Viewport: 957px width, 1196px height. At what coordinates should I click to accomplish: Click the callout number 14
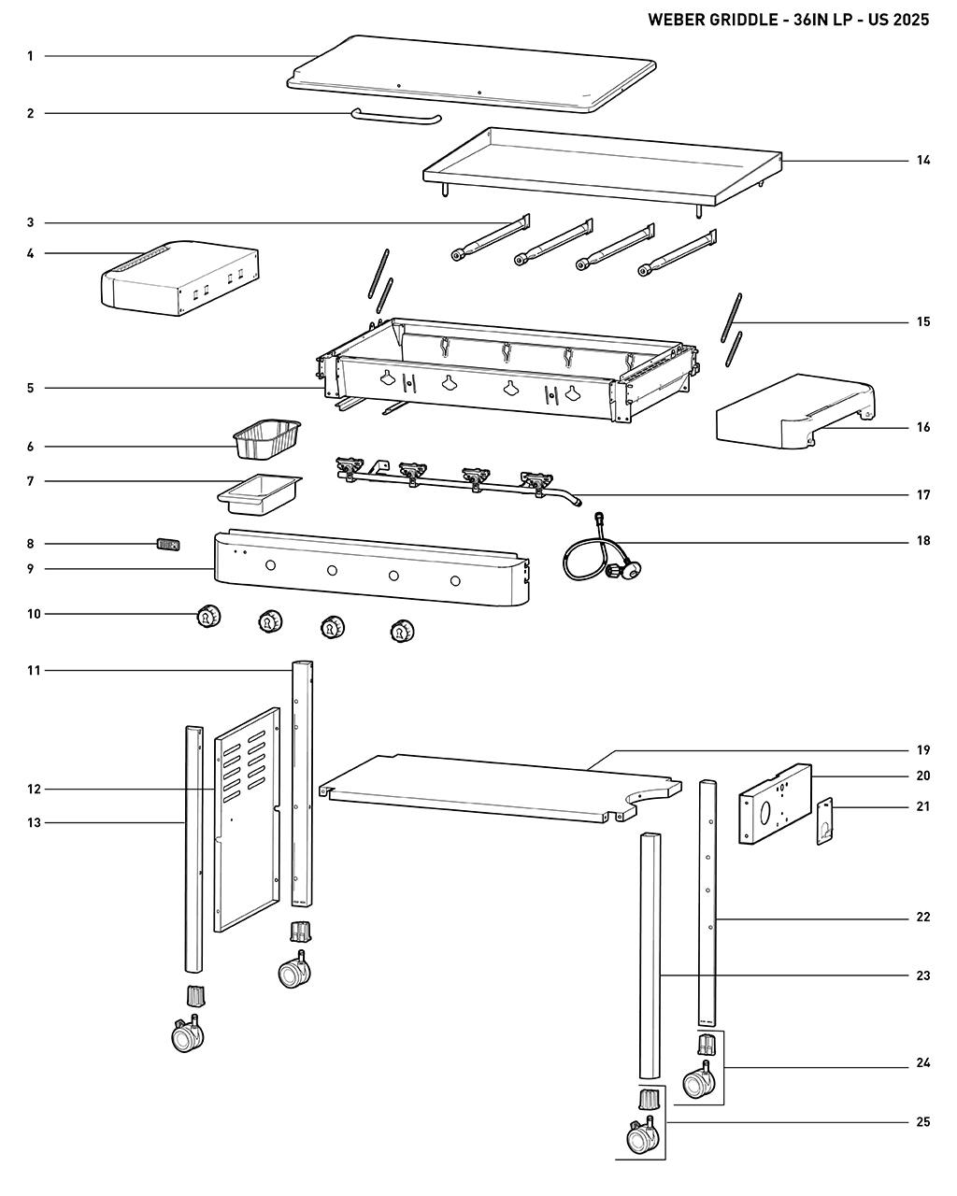click(922, 161)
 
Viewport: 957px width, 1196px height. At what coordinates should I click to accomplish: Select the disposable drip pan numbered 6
click(268, 439)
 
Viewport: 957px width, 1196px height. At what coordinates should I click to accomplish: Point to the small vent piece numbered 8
click(167, 544)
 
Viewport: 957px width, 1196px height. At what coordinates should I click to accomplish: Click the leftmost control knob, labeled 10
click(207, 616)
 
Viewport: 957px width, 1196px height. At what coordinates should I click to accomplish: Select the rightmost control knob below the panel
click(401, 631)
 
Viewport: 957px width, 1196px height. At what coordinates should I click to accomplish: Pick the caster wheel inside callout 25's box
click(639, 1137)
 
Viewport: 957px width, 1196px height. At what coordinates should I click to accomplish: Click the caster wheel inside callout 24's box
click(697, 1083)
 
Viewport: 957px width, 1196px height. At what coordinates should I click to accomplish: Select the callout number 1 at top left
click(30, 56)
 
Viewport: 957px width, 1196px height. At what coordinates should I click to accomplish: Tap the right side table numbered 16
click(794, 414)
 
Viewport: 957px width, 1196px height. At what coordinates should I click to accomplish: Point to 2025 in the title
click(911, 20)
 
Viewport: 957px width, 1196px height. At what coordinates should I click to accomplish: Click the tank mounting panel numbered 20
click(775, 804)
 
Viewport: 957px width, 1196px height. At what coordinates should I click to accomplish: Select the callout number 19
click(922, 749)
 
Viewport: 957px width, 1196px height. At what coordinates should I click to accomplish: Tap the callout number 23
click(922, 975)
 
